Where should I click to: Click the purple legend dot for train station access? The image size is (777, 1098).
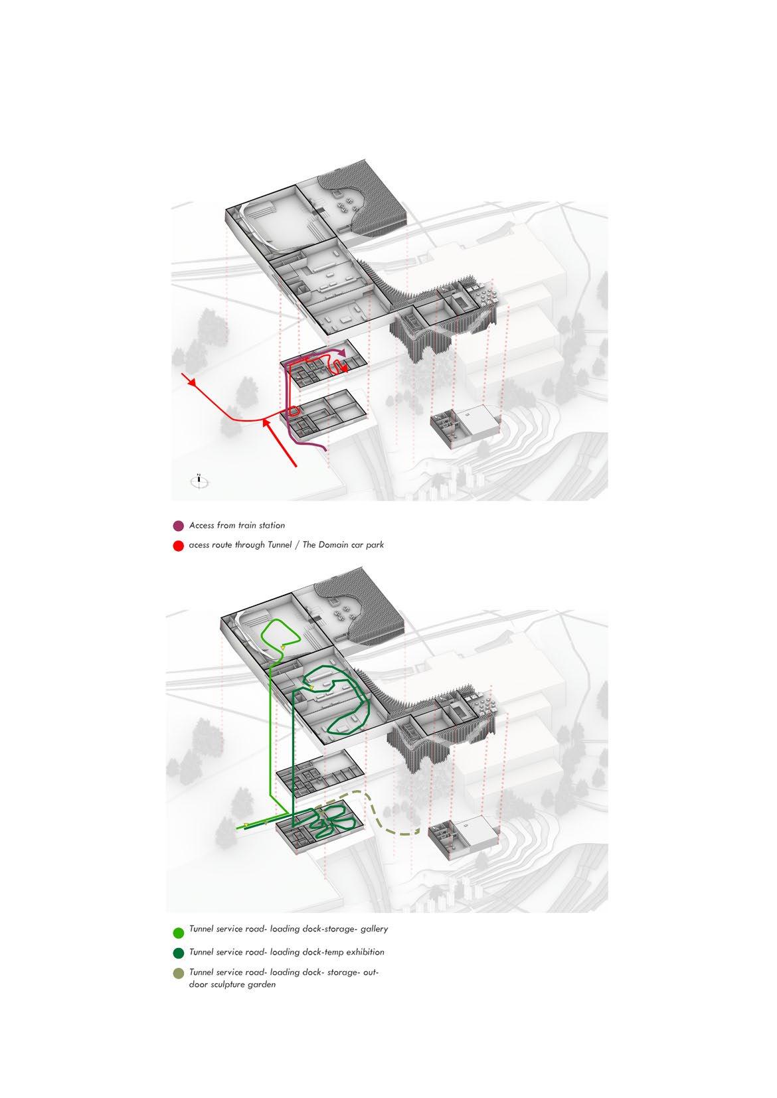click(x=178, y=526)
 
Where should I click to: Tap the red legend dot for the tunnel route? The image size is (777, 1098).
click(x=178, y=546)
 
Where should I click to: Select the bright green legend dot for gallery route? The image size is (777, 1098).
click(x=178, y=933)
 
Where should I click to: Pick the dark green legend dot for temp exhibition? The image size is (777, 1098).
click(x=178, y=953)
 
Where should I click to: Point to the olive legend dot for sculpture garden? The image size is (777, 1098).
click(x=178, y=974)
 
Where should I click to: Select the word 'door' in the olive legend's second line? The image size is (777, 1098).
click(x=199, y=984)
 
